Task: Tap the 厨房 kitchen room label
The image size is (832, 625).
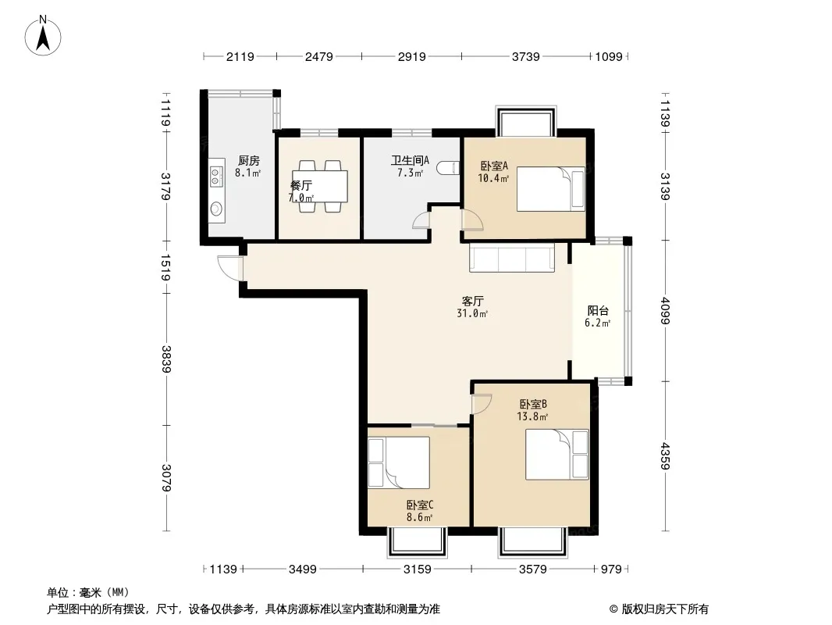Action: coord(248,160)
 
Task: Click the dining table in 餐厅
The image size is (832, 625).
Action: coord(320,187)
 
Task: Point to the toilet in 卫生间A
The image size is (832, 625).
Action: coord(448,168)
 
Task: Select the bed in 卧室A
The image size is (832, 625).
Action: coord(551,189)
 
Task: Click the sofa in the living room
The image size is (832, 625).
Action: coord(512,258)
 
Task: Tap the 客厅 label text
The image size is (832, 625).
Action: coord(472,302)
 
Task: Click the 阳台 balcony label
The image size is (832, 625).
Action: coord(598,311)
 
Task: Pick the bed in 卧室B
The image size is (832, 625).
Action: coord(557,455)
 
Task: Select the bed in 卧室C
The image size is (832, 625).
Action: coord(399,462)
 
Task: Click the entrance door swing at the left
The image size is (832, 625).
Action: coord(230,268)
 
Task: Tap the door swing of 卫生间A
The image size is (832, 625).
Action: coord(421,220)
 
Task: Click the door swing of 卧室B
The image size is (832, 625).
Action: coord(482,404)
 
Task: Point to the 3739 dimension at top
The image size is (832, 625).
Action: coord(525,56)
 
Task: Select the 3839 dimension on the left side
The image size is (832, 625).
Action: coord(166,359)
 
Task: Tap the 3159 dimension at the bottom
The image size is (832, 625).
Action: coord(417,570)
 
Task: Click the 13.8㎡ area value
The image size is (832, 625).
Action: coord(532,417)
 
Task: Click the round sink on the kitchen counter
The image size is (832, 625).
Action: coord(216,209)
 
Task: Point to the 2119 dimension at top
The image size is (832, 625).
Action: coord(240,56)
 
